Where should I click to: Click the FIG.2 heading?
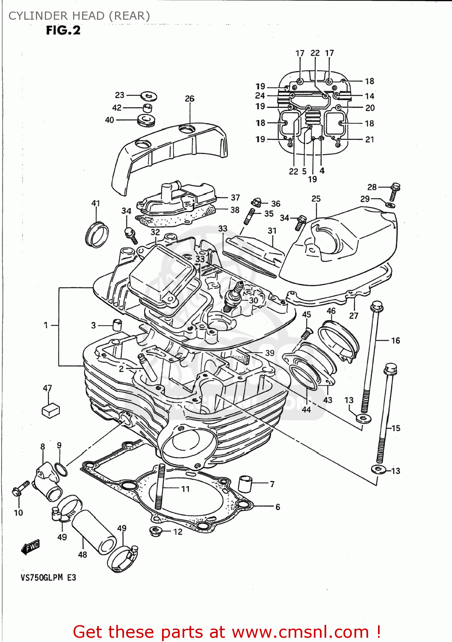[x=63, y=30]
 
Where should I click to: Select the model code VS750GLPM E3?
[x=48, y=577]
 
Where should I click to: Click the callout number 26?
[x=189, y=98]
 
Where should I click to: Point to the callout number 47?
[x=47, y=388]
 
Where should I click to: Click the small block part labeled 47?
[x=51, y=410]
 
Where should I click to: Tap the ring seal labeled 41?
[x=97, y=235]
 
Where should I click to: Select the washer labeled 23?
[x=148, y=95]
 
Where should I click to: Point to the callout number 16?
[x=396, y=341]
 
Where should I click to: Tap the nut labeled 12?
[x=155, y=532]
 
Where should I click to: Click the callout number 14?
[x=369, y=96]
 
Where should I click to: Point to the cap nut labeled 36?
[x=257, y=202]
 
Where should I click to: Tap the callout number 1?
[x=46, y=325]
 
